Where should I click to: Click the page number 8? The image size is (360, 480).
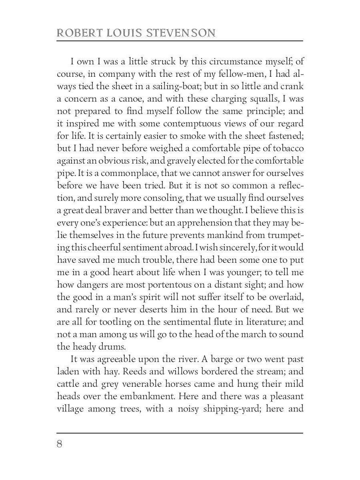pyautogui.click(x=60, y=444)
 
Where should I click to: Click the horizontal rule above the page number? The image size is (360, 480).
pyautogui.click(x=180, y=433)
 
